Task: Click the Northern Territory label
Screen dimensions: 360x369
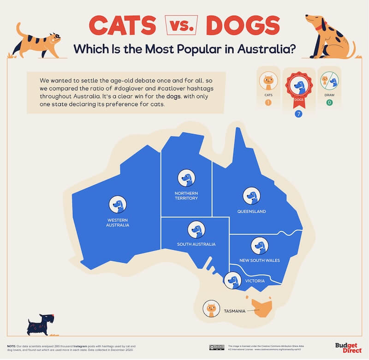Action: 186,195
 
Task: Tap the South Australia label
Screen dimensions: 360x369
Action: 196,244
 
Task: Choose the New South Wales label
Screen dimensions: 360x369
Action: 259,260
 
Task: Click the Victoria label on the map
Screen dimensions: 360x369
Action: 254,281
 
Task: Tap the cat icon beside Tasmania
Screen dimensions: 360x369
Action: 211,309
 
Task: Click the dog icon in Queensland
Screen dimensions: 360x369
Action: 250,196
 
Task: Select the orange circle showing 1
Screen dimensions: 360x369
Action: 268,102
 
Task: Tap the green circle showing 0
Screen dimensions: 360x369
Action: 330,102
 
